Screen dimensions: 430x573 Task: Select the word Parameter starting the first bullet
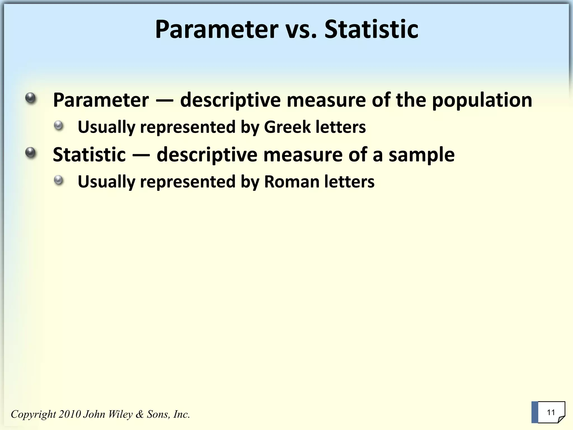[101, 100]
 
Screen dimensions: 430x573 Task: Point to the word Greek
[287, 127]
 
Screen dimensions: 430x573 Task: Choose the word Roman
[292, 181]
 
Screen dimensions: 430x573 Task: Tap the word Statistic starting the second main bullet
[89, 155]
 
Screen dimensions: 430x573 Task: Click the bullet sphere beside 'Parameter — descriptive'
[30, 98]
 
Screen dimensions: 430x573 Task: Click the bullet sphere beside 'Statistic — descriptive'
[30, 153]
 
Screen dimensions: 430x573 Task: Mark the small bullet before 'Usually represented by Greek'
[59, 125]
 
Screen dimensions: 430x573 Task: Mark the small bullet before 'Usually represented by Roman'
[59, 180]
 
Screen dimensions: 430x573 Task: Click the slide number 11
[551, 412]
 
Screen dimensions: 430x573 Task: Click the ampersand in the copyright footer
[140, 414]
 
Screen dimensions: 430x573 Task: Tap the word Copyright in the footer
[34, 414]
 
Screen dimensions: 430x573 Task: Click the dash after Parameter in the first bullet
[165, 100]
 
